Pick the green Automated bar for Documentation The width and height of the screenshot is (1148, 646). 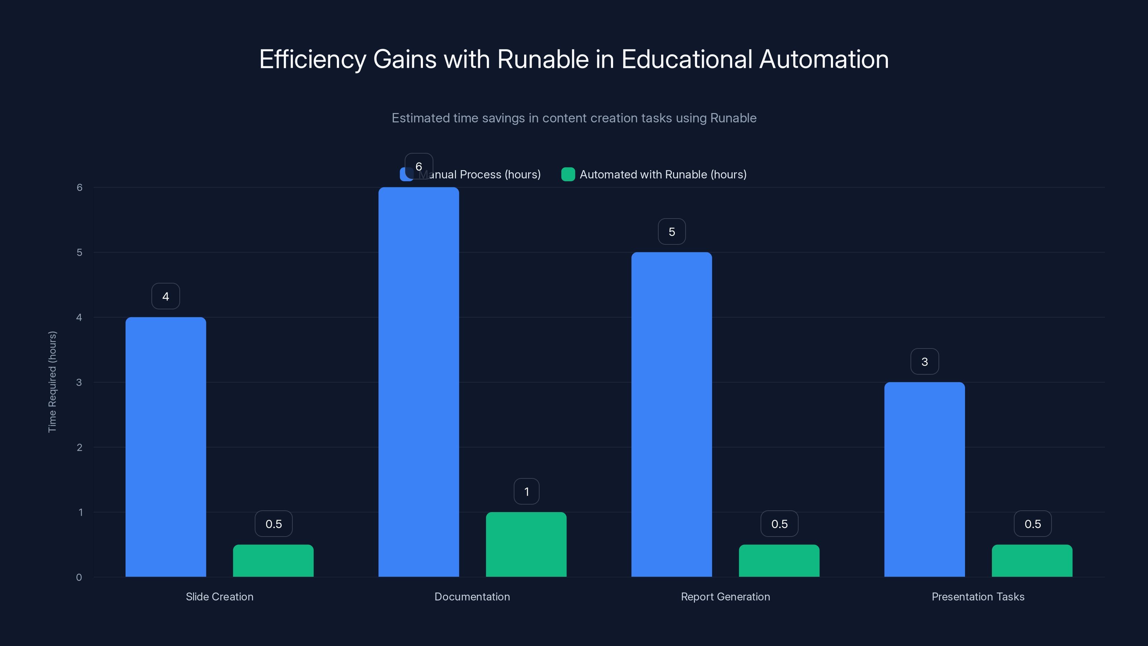(526, 544)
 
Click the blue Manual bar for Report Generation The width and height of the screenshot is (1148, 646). (672, 415)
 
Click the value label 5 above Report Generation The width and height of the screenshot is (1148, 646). (672, 232)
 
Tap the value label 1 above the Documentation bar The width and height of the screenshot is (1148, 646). (526, 492)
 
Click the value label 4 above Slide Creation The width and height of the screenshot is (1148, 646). (165, 296)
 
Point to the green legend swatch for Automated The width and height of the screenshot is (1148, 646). (568, 174)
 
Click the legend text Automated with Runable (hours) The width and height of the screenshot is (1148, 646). (663, 174)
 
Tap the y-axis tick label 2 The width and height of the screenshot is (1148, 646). (79, 447)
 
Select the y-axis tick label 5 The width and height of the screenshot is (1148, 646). (79, 252)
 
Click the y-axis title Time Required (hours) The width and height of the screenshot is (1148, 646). (52, 381)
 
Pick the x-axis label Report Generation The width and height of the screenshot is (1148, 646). (725, 596)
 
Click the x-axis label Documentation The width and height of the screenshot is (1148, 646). (472, 596)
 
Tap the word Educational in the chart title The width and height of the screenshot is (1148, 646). (686, 59)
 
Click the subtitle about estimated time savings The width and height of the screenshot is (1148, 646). (574, 118)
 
